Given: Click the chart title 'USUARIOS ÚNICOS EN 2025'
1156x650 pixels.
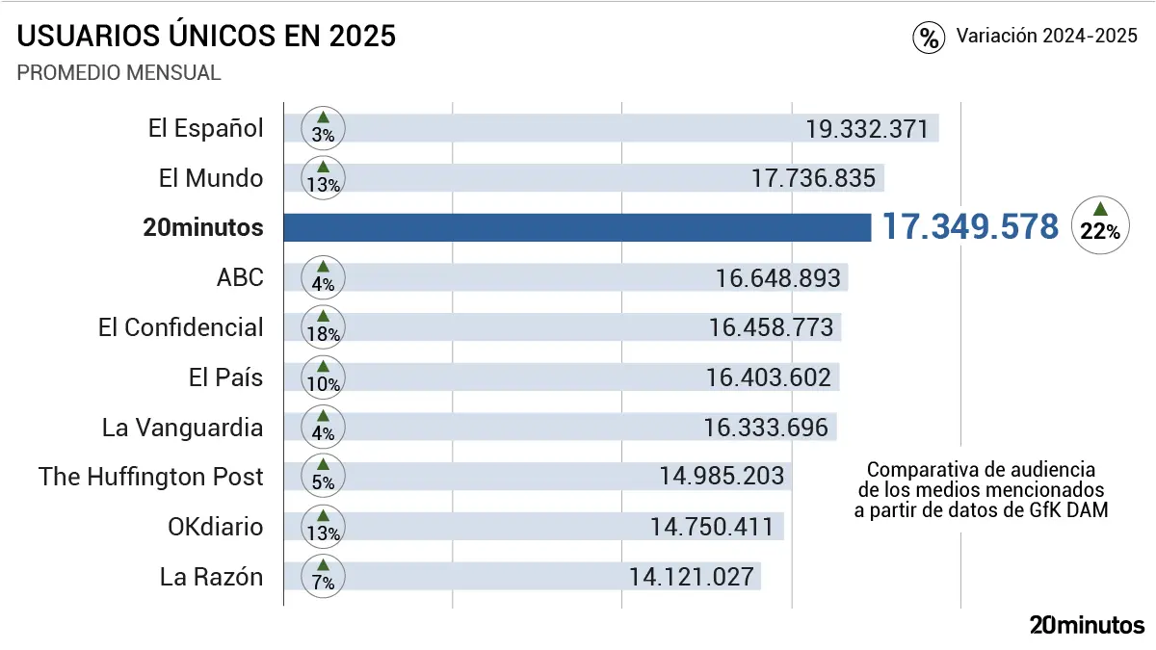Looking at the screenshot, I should pos(207,37).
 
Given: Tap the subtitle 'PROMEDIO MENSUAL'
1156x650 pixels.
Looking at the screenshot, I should pos(119,73).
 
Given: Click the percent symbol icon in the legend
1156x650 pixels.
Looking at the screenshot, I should pos(929,38).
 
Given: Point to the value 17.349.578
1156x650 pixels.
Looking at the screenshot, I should pos(971,227).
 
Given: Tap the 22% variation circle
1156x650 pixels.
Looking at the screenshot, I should pos(1100,225).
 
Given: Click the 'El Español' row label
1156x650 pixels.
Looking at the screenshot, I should pos(205,128).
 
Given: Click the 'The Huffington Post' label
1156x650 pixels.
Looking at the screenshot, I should pos(151,477).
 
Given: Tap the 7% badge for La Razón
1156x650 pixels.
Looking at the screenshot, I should pos(324,576).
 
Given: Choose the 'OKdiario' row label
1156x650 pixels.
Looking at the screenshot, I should pos(215,527).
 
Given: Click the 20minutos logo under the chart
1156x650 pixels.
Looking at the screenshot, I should pos(1087,624).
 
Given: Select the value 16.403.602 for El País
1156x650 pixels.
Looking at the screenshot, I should pos(769,377).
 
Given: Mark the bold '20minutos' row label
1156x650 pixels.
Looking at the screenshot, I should pos(202,228).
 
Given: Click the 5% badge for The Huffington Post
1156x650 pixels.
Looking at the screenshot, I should pos(324,477).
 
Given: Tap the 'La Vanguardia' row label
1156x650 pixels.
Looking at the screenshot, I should pos(182,427).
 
